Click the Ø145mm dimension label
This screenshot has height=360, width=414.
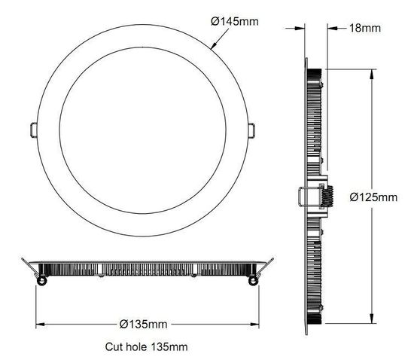tap(235, 22)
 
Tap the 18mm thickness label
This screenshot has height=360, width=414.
tap(365, 28)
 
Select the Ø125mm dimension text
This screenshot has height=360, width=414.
tap(373, 197)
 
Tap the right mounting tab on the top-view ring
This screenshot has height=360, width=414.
tap(252, 129)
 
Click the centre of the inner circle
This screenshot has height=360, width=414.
tap(142, 129)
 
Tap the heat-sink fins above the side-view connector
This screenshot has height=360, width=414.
tap(316, 128)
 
